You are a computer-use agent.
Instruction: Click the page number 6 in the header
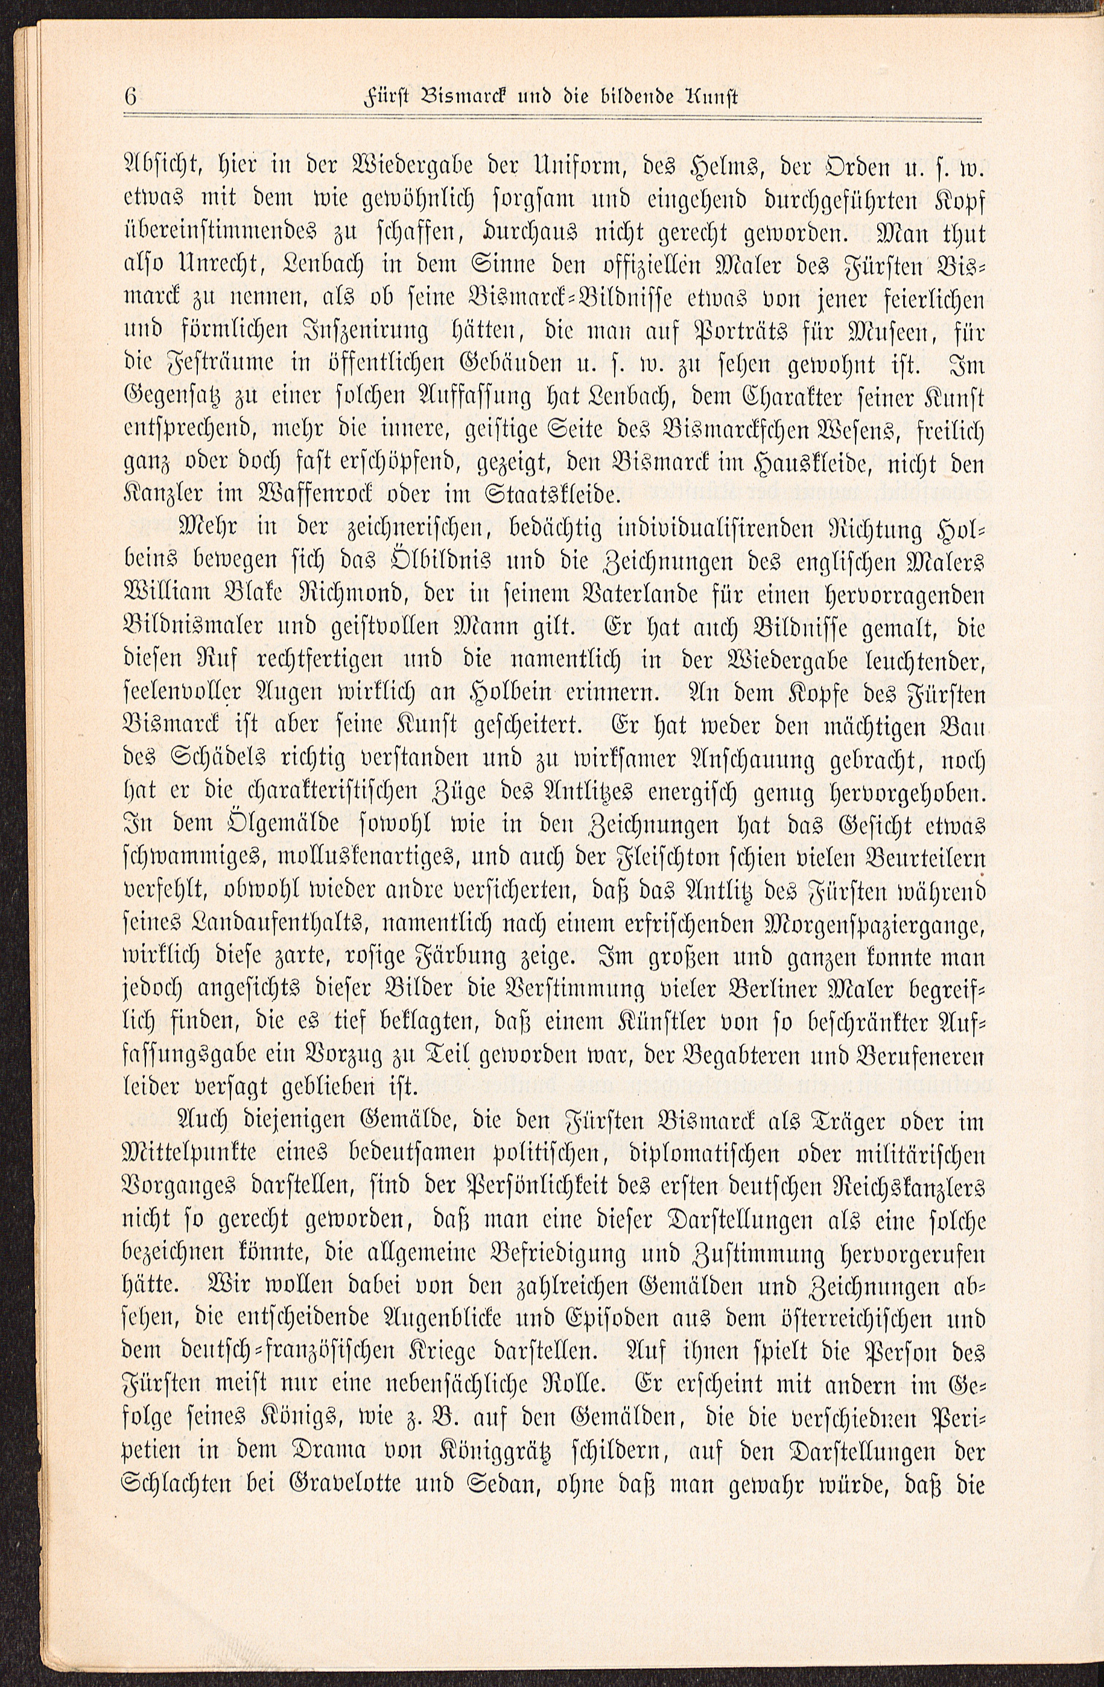coord(130,96)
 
